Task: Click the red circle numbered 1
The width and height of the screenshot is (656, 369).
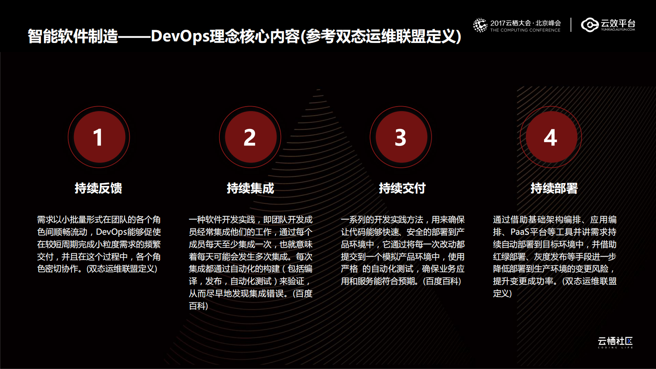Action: (99, 137)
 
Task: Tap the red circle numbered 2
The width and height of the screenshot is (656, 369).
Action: (250, 137)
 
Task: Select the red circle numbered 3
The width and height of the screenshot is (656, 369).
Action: (401, 137)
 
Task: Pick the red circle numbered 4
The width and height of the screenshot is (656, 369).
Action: (551, 137)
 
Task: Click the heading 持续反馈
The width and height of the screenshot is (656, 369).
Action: (98, 188)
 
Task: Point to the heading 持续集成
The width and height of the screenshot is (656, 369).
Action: (250, 188)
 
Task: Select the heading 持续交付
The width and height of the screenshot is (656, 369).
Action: (402, 188)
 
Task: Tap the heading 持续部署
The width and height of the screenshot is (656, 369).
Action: (554, 188)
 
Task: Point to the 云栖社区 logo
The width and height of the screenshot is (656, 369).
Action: (615, 342)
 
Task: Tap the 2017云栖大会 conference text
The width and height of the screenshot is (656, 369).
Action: (525, 23)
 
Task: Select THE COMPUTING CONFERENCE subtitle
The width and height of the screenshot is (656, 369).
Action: (525, 30)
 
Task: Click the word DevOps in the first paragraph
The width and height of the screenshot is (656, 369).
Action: (111, 232)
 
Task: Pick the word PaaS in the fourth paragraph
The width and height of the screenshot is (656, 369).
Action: (520, 232)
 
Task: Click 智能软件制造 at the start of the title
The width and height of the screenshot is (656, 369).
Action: (73, 36)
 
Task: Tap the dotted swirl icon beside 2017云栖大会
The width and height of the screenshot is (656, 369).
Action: (480, 25)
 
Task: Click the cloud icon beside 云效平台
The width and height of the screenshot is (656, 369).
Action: (589, 25)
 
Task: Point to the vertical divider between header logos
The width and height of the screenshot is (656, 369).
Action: (571, 25)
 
